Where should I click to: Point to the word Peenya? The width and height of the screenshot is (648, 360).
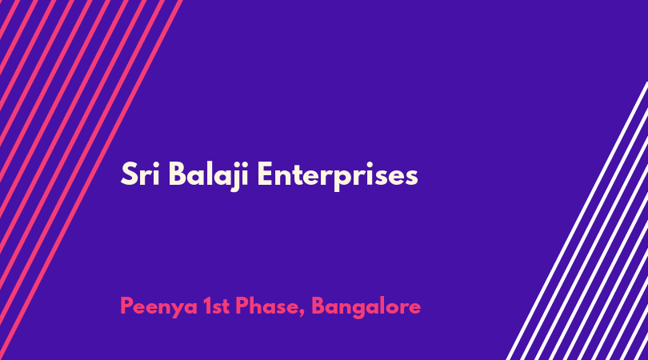pyautogui.click(x=158, y=307)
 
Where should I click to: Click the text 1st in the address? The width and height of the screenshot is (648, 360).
pyautogui.click(x=217, y=306)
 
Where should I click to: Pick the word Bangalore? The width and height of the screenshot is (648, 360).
pyautogui.click(x=366, y=307)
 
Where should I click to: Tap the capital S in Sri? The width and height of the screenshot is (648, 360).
pyautogui.click(x=128, y=174)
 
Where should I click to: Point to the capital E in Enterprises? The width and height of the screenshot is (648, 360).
pyautogui.click(x=266, y=174)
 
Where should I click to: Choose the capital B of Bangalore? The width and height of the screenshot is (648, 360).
pyautogui.click(x=319, y=306)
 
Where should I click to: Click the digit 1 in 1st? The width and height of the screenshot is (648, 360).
pyautogui.click(x=208, y=306)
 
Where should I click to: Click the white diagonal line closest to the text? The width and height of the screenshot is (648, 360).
pyautogui.click(x=577, y=221)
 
